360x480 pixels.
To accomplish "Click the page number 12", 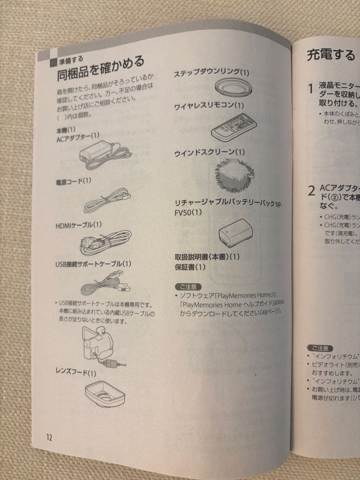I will (x=49, y=437).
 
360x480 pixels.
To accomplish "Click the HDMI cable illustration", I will (x=105, y=242).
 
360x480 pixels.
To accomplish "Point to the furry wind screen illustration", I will (x=234, y=175).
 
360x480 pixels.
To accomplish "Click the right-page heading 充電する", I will (x=331, y=55).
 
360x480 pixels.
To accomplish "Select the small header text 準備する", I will (x=71, y=59).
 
